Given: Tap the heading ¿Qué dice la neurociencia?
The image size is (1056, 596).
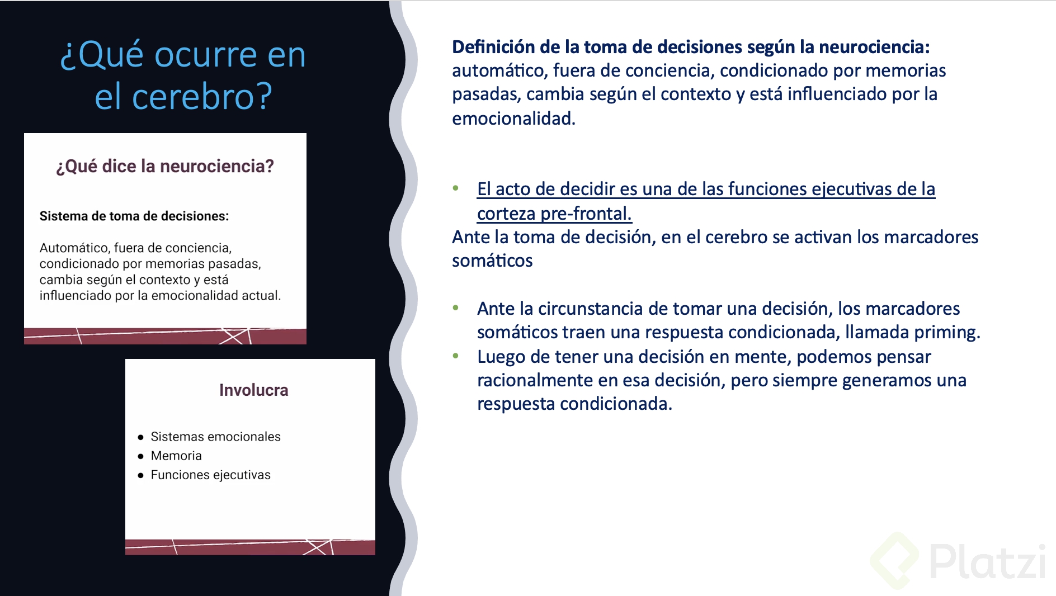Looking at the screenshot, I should (x=165, y=166).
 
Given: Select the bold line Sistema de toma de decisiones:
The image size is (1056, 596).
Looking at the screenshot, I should (x=134, y=216).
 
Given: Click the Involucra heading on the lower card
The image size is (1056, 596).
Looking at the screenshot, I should (x=253, y=390).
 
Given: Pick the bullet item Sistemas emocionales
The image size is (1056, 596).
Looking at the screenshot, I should (x=215, y=437).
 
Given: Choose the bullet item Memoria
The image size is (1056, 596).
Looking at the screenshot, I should (x=176, y=456).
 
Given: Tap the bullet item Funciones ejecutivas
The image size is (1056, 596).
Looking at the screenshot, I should (x=210, y=475).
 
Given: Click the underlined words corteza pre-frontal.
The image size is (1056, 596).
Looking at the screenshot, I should (x=554, y=214).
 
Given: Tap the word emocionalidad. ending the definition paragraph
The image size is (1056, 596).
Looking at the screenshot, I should (x=513, y=119).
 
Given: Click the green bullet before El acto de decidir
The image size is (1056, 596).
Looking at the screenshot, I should (x=456, y=188).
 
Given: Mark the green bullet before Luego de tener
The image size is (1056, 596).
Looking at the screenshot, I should (x=456, y=356).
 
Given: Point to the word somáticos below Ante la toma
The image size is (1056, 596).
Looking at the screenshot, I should (x=492, y=261).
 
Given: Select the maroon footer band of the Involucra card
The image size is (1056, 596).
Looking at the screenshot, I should (x=250, y=547).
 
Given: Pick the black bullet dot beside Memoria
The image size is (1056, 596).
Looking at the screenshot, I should (x=140, y=456).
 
